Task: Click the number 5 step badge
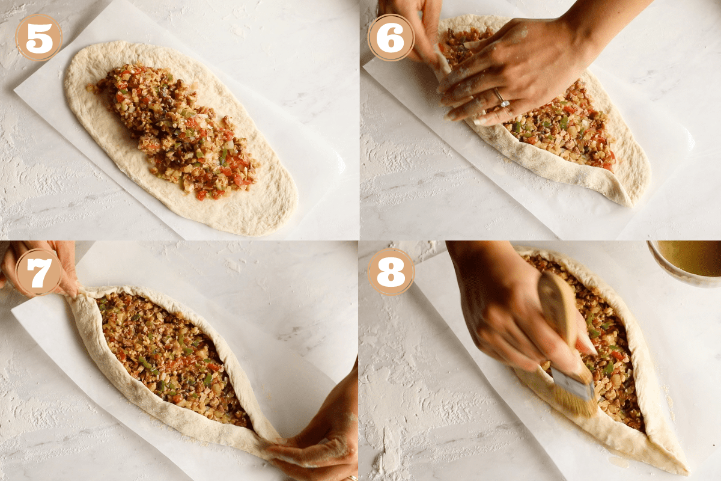[38, 37]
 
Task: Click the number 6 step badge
[391, 37]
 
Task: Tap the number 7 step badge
[38, 272]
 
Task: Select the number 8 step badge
[391, 272]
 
